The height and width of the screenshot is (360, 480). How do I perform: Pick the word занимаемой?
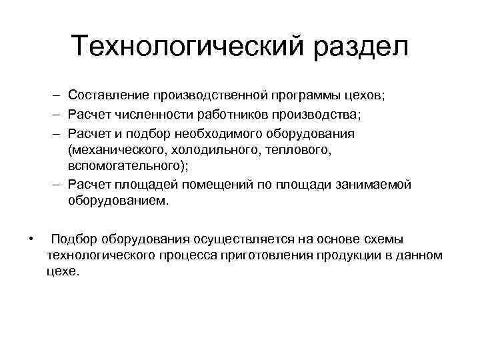pyautogui.click(x=374, y=184)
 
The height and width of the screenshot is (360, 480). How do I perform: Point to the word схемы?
pyautogui.click(x=387, y=239)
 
